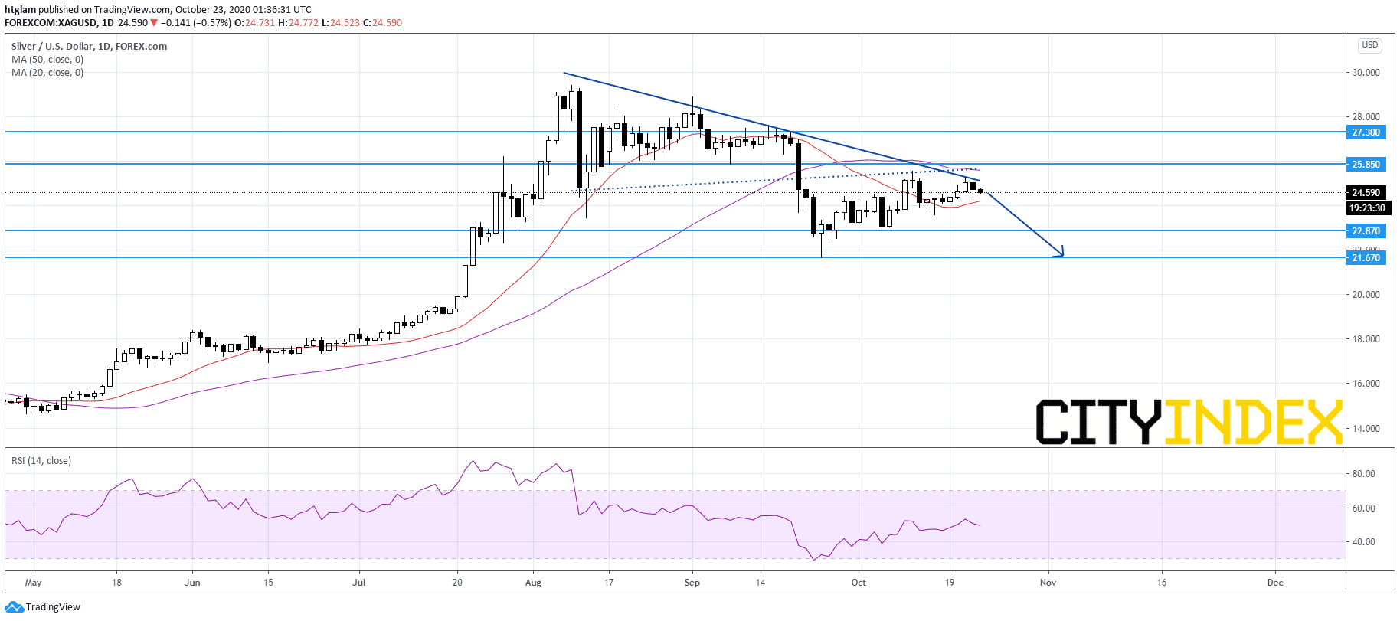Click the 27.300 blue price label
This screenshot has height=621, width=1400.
[1366, 132]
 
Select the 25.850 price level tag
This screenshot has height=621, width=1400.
[1366, 165]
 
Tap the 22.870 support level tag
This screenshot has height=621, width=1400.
[1366, 231]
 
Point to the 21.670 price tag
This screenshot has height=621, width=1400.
[1366, 258]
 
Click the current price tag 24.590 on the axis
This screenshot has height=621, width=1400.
[1366, 193]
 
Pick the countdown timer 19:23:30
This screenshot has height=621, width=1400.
[1367, 208]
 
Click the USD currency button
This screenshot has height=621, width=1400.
[1369, 45]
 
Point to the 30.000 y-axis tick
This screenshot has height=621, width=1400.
[1366, 73]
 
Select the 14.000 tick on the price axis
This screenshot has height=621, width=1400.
[1366, 429]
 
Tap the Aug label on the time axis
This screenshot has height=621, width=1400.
[533, 583]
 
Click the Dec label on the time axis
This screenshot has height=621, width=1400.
[1275, 583]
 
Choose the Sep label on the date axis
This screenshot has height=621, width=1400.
[692, 583]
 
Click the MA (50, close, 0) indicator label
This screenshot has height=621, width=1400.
[47, 60]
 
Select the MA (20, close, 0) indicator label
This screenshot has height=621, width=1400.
[47, 73]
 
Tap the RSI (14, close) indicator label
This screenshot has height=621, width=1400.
[41, 461]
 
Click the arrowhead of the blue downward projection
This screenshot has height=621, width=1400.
[1062, 255]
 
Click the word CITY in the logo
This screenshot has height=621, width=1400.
[1098, 421]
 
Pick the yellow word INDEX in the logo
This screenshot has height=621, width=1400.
[1253, 421]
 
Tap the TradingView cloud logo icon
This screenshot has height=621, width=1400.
[14, 607]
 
